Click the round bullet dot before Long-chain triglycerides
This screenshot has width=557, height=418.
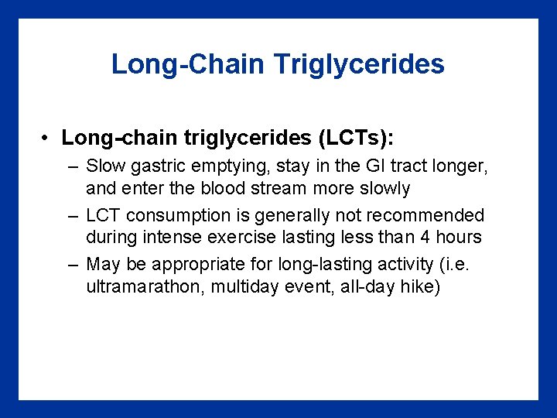(47, 139)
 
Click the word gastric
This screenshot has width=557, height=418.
(158, 166)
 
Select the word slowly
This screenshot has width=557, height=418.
(383, 188)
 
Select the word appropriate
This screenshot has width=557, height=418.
(195, 265)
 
